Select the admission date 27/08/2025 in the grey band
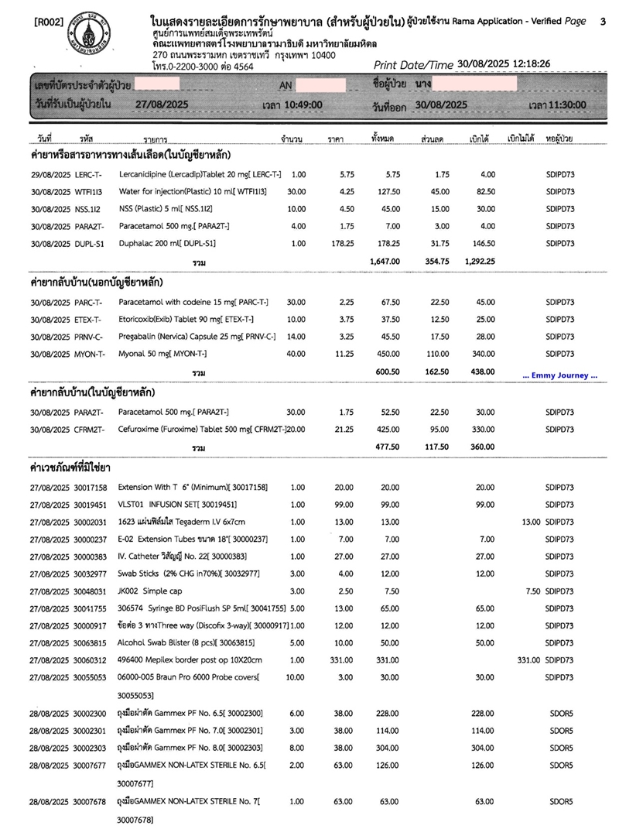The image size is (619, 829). point(162,104)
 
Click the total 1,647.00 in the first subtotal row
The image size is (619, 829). point(385,262)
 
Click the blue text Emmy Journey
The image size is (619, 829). point(560,375)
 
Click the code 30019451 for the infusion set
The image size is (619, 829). point(91,504)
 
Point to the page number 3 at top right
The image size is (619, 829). point(602,22)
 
